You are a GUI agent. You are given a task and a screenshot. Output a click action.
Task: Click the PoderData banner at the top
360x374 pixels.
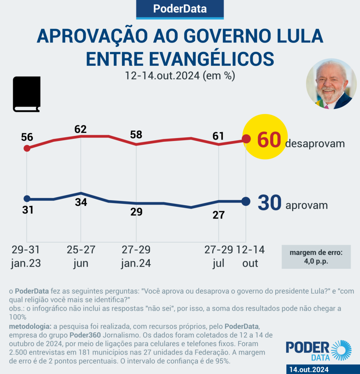[x=180, y=9]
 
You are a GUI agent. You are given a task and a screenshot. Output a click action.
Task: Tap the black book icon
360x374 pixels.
[x=27, y=94]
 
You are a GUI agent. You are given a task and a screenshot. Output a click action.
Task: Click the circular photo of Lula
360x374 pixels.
[x=331, y=84]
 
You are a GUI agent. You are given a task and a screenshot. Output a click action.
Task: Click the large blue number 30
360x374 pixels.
[x=269, y=203]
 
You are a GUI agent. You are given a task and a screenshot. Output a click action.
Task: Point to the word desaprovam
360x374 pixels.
[x=315, y=144]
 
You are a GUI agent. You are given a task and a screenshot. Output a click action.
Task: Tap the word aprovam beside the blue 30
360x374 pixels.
[x=306, y=205]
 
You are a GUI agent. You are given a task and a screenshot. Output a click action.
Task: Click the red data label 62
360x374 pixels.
[x=80, y=129]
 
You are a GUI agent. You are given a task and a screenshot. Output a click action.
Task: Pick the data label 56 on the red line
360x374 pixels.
[x=27, y=137]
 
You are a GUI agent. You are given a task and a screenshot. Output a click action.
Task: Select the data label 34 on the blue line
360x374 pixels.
[x=81, y=202]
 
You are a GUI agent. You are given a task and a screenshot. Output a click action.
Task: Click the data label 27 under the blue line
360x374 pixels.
[x=218, y=215]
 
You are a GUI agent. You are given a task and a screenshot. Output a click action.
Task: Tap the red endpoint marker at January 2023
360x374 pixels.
[x=26, y=148]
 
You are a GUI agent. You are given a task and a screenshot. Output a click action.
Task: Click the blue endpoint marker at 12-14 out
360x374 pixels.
[x=246, y=201]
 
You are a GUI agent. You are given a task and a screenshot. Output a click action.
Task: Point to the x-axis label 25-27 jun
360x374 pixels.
[x=81, y=256]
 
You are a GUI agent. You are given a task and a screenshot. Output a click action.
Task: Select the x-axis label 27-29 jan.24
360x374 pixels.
[x=136, y=256]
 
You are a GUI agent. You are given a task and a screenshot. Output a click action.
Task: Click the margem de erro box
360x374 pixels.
[x=316, y=256]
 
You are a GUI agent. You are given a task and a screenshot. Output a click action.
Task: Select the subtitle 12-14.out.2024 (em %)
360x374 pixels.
[x=180, y=76]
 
